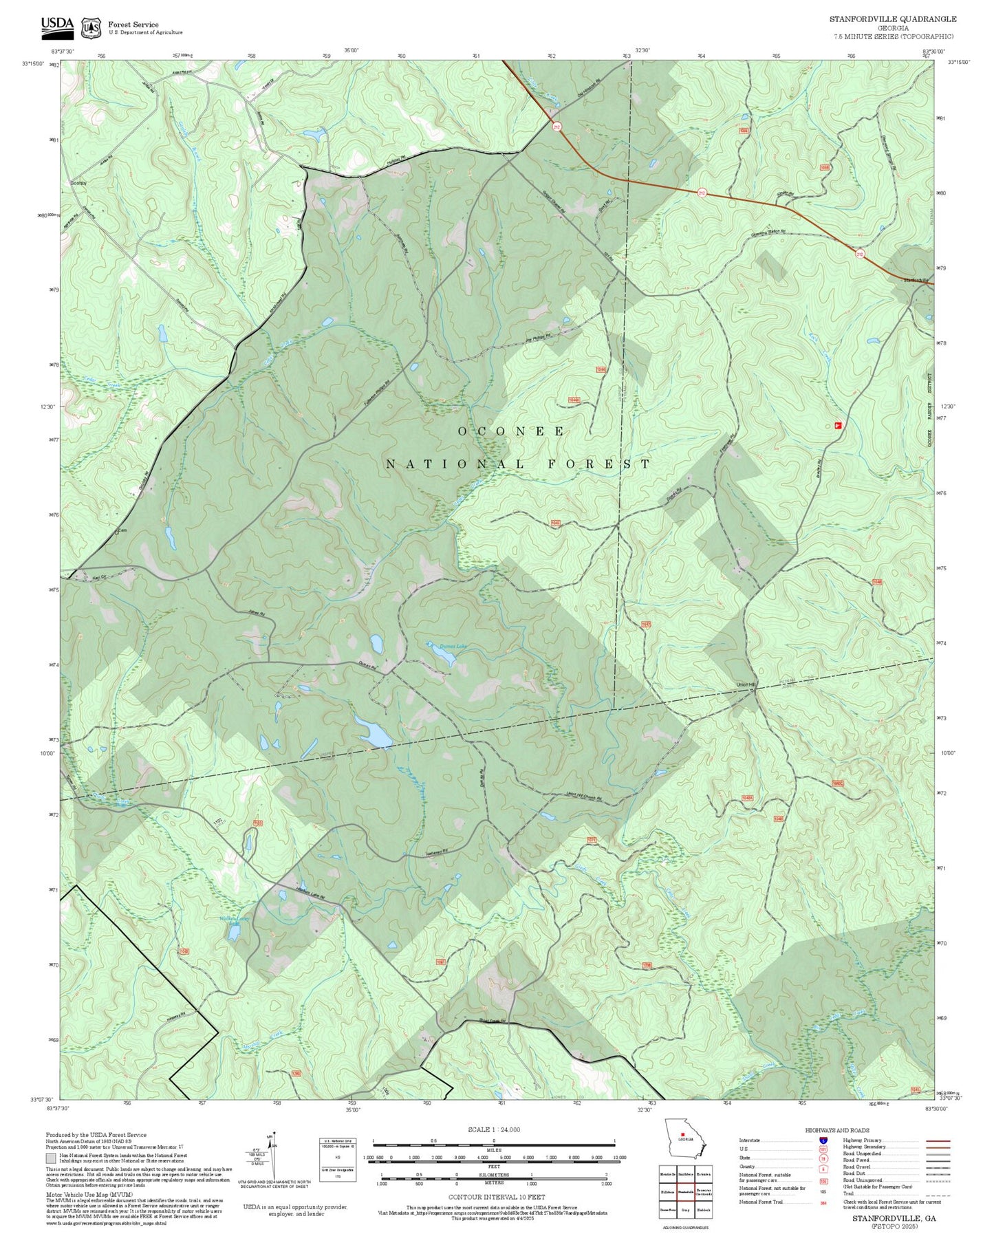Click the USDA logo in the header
(57, 26)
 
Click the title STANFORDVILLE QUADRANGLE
(892, 19)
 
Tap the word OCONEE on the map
(512, 431)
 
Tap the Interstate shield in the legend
(823, 1140)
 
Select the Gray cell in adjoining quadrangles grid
(685, 1210)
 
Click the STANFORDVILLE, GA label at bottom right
(894, 1218)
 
